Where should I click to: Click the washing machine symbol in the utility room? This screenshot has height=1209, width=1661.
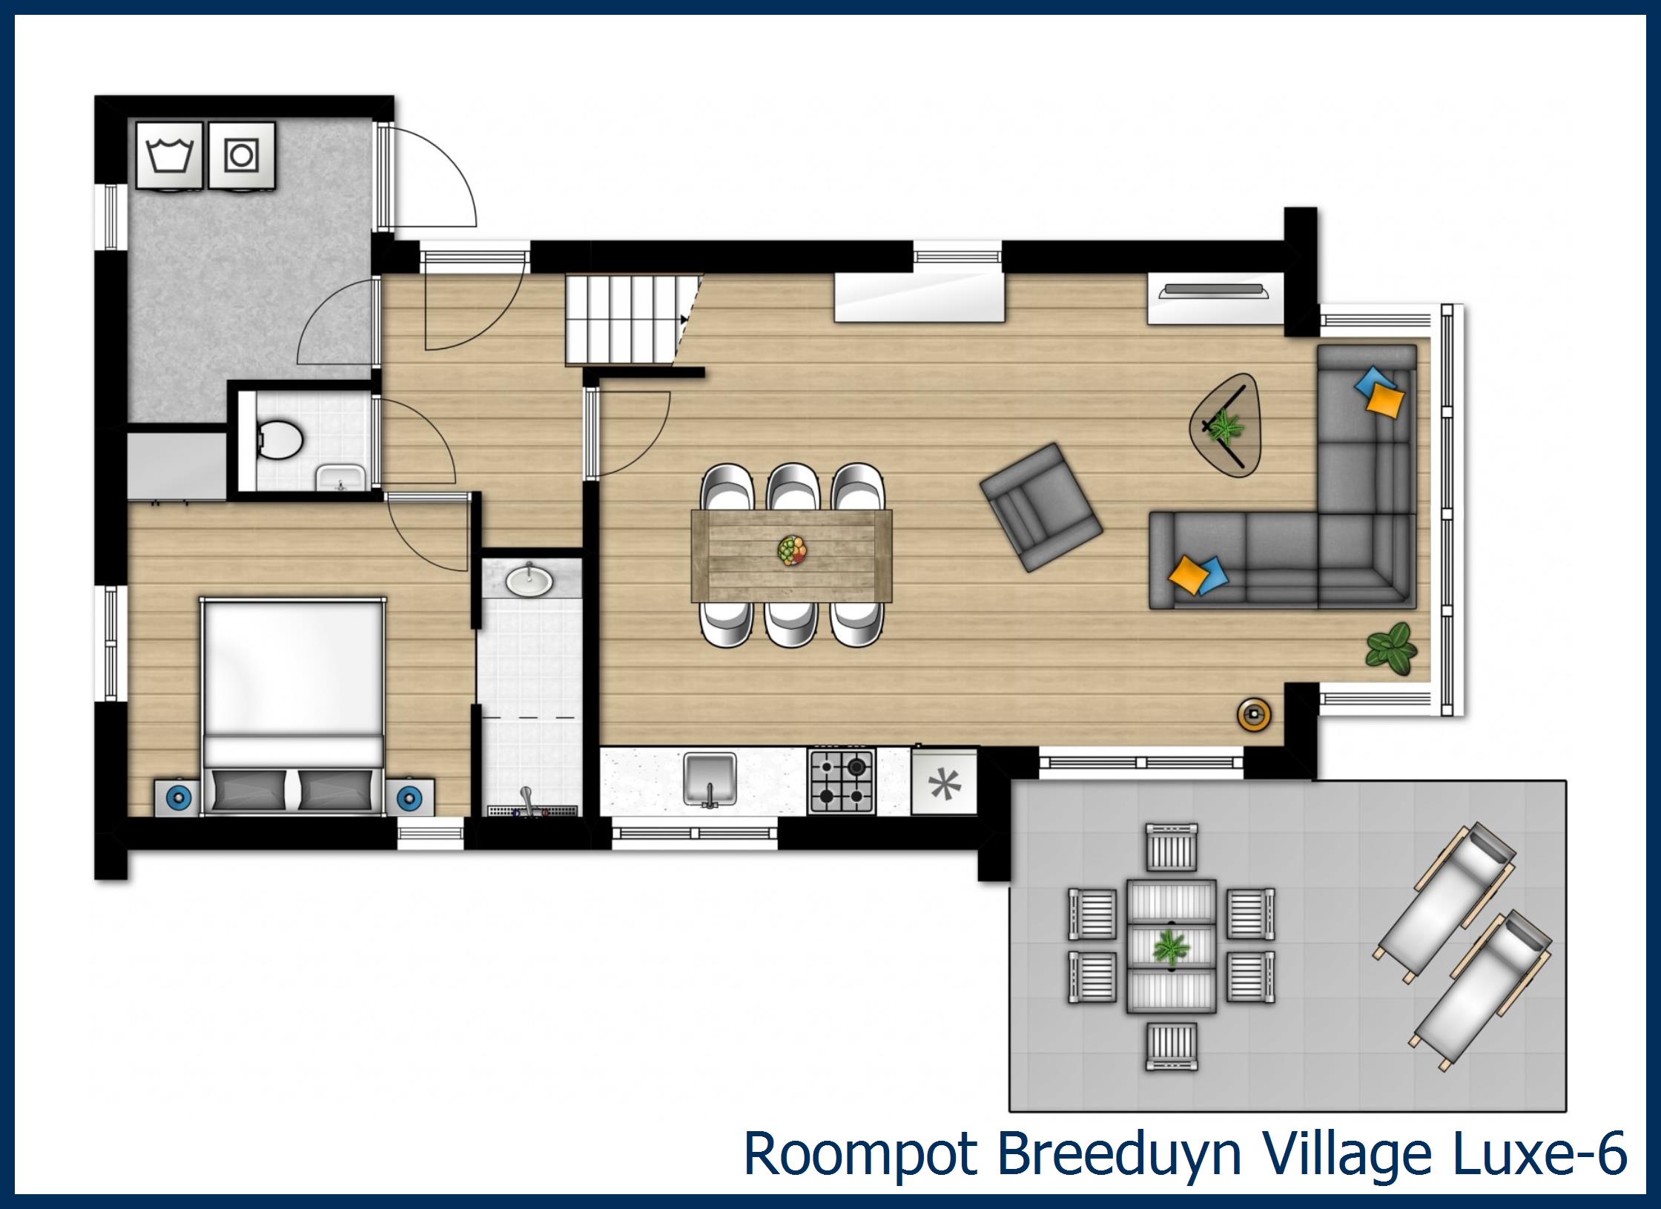coord(169,157)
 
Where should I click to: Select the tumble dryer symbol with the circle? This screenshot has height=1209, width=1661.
coord(242,157)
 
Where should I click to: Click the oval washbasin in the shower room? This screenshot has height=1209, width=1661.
coord(529,581)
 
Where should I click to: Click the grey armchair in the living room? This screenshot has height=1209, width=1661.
coord(1040,507)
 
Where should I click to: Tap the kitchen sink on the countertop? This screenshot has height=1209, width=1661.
coord(710,779)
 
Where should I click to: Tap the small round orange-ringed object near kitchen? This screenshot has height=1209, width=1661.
coord(1254,714)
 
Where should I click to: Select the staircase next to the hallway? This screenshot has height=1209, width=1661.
coord(627,319)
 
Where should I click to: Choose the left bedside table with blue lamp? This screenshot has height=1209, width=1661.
coord(178,798)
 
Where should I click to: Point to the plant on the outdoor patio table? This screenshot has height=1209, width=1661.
coord(1171,947)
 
